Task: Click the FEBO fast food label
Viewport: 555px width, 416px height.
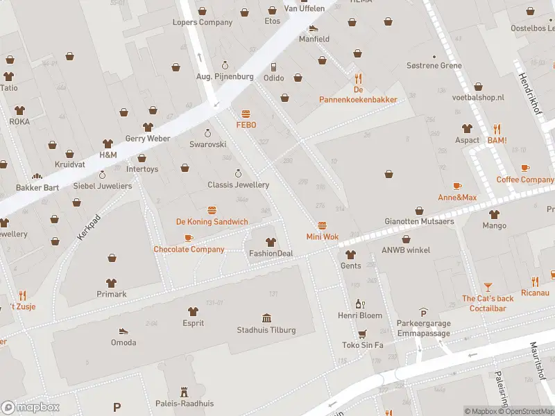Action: tap(246, 125)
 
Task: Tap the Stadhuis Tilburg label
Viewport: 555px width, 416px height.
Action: tap(266, 330)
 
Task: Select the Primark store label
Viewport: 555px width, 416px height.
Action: tap(111, 294)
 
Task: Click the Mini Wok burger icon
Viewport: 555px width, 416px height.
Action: tap(322, 225)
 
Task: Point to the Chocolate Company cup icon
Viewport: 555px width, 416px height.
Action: tap(189, 238)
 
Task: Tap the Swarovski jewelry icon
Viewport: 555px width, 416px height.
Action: tap(207, 133)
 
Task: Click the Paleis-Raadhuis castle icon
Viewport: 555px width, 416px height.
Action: tap(184, 392)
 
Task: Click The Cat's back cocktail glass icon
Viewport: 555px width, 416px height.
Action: tap(488, 286)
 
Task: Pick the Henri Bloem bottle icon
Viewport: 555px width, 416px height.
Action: tap(361, 304)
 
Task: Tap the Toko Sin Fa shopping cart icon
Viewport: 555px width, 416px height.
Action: tap(362, 333)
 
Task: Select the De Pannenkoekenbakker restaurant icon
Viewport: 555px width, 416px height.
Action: tap(358, 78)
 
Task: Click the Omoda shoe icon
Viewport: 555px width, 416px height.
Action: tap(123, 331)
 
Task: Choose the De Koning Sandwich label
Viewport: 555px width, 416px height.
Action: tap(212, 222)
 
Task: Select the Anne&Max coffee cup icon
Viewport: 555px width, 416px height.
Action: tap(456, 186)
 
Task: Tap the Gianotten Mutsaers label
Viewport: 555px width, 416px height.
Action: tap(420, 222)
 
